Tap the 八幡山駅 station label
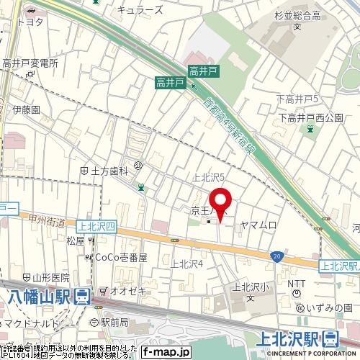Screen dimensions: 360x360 pos(42,295)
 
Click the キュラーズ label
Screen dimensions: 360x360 pos(140,9)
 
